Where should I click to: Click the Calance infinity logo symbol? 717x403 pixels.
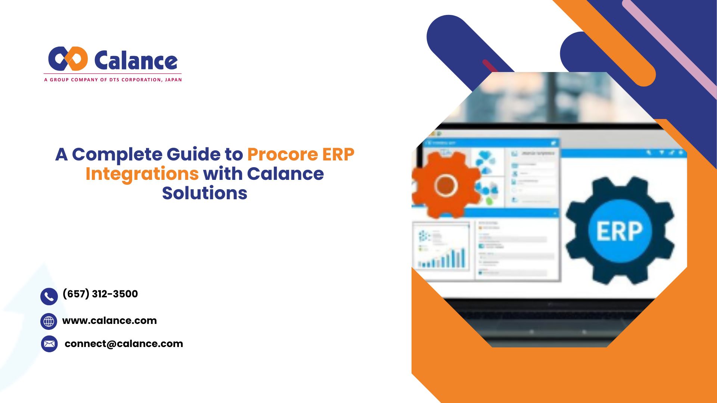(68, 59)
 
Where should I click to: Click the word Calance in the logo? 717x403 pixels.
(136, 61)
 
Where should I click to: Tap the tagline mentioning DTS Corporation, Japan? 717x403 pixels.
(113, 79)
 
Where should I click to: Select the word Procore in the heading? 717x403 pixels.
(282, 154)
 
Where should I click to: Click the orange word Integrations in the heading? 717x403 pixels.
(142, 174)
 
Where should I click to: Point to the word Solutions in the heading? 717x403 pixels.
(205, 193)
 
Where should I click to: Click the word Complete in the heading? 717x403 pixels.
(118, 154)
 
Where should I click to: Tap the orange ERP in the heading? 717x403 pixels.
(338, 154)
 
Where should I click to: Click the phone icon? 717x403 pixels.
(49, 297)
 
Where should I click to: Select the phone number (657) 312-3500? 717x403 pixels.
(100, 294)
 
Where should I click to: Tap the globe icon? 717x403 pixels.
(49, 321)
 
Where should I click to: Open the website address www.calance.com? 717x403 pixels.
(109, 321)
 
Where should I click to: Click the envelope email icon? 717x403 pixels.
(49, 344)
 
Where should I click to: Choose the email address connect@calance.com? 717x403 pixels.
(124, 344)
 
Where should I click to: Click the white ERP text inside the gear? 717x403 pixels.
(620, 231)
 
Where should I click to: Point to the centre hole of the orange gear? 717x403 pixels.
(446, 185)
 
